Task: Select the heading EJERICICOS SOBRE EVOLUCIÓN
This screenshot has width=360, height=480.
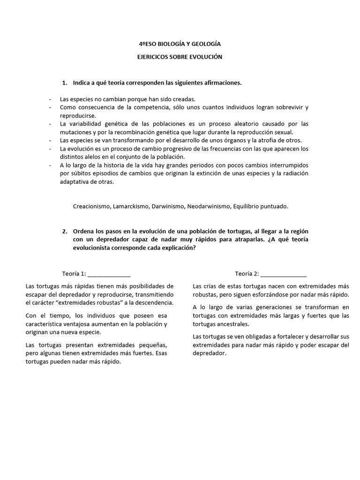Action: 180,57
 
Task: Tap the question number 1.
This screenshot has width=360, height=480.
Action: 64,83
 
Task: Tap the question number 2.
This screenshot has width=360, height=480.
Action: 64,232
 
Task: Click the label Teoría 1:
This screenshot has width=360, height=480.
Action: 74,274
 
